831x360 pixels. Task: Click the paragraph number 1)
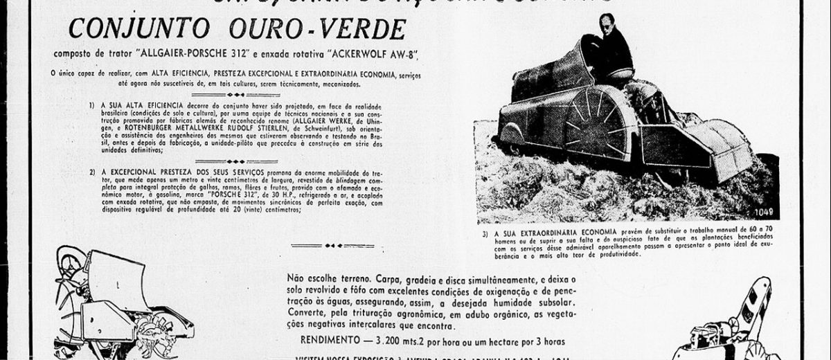[x=92, y=104]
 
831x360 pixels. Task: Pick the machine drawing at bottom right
[x=734, y=325]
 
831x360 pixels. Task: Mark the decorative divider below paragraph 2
[x=332, y=245]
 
